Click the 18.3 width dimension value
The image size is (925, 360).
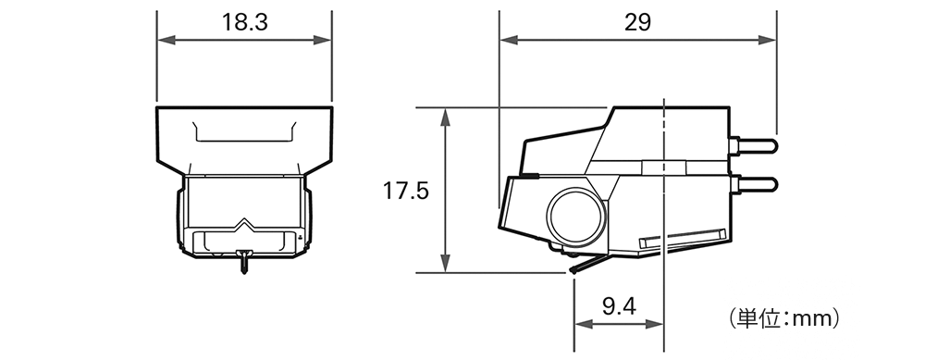pyautogui.click(x=244, y=22)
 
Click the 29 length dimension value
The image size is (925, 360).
pyautogui.click(x=637, y=22)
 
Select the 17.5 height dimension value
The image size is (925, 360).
pyautogui.click(x=406, y=191)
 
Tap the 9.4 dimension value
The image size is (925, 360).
pyautogui.click(x=619, y=306)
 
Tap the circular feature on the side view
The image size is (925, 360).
pyautogui.click(x=576, y=217)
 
